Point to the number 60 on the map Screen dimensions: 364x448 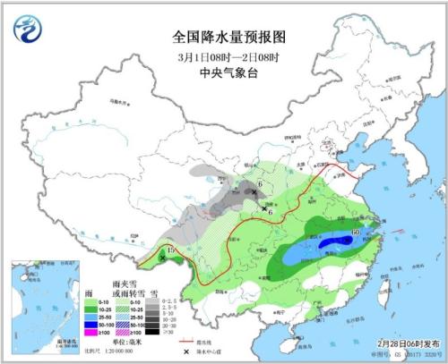tap(357, 233)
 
